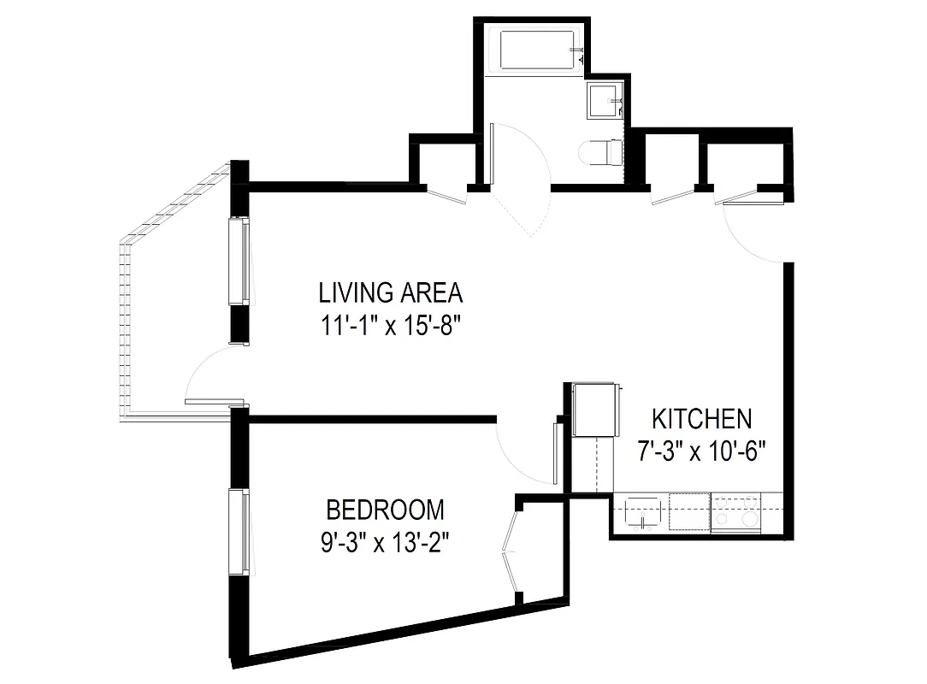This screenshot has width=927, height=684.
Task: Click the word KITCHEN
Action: [701, 419]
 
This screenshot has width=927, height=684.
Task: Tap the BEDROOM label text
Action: [386, 510]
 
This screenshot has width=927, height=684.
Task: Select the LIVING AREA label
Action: [391, 293]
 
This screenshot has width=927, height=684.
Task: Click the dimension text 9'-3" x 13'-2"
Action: [386, 542]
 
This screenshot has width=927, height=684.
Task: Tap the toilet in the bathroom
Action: [600, 153]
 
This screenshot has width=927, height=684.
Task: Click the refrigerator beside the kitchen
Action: [594, 410]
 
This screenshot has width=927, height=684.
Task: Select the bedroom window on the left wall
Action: [239, 530]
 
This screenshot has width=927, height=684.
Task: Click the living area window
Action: [239, 261]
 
